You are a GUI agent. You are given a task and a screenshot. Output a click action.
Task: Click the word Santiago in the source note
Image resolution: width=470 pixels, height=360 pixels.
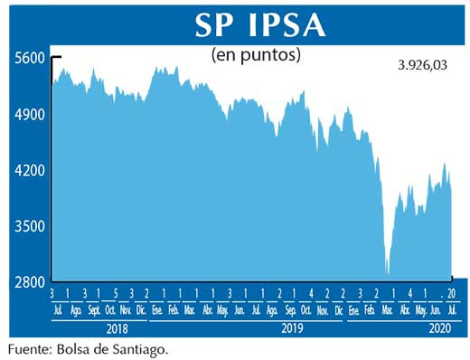point(140,347)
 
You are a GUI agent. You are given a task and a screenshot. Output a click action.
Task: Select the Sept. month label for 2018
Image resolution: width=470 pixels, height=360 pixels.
point(93,309)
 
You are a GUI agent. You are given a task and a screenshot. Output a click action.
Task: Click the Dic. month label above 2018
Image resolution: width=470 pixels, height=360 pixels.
point(140,309)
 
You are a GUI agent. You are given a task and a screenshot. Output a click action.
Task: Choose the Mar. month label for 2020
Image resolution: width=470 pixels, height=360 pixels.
point(387,309)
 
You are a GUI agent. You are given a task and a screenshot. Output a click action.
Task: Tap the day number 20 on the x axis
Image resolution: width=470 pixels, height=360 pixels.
point(452,294)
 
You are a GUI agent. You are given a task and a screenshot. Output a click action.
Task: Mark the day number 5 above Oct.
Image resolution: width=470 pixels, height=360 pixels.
point(116,294)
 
